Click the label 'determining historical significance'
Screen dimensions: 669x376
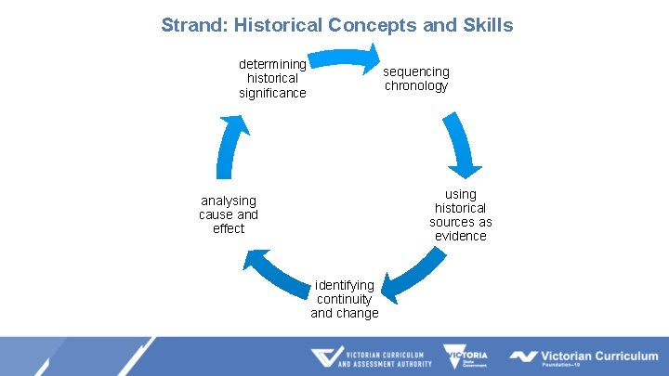272,79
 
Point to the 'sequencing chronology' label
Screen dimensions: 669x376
417,79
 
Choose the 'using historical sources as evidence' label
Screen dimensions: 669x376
461,214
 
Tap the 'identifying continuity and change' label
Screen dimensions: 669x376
345,299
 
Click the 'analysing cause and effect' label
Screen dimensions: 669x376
229,214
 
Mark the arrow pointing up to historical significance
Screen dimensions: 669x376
232,147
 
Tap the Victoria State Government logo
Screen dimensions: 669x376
466,357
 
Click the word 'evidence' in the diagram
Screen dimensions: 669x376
461,236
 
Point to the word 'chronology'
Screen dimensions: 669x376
417,86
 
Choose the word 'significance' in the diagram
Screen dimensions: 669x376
272,93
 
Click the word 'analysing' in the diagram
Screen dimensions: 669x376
229,201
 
